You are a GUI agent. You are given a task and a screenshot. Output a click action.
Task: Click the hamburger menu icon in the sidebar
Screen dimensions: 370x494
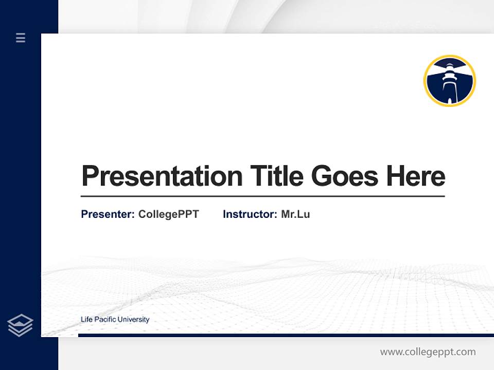coord(21,38)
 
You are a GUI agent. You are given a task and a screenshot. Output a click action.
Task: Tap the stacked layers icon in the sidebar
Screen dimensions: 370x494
coord(20,325)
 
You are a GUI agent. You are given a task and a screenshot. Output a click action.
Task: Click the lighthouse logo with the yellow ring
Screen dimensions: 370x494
coord(449,81)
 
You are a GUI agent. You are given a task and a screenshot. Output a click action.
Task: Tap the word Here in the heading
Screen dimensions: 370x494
coord(415,176)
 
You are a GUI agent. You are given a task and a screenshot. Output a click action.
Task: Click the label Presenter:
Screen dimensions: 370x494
coord(108,214)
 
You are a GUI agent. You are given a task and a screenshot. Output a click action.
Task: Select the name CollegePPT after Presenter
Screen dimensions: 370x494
coord(168,214)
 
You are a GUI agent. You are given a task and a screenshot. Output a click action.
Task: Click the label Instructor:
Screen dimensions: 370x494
coord(250,214)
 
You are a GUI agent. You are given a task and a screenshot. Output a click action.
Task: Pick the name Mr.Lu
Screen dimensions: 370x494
coord(295,214)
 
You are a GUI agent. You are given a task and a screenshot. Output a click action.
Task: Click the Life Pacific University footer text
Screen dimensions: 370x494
coord(115,320)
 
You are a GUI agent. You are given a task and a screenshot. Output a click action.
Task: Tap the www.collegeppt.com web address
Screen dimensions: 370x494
coord(428,352)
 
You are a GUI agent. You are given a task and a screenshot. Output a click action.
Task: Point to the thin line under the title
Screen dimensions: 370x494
coord(262,196)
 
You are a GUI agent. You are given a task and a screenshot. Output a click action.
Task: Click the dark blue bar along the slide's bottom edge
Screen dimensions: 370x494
coord(286,335)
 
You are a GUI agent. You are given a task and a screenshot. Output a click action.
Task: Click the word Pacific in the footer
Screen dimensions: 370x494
coord(104,320)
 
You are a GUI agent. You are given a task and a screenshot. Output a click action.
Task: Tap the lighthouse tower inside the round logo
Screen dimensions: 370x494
coord(449,82)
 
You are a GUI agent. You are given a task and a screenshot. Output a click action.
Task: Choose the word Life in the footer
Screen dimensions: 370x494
coord(85,320)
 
